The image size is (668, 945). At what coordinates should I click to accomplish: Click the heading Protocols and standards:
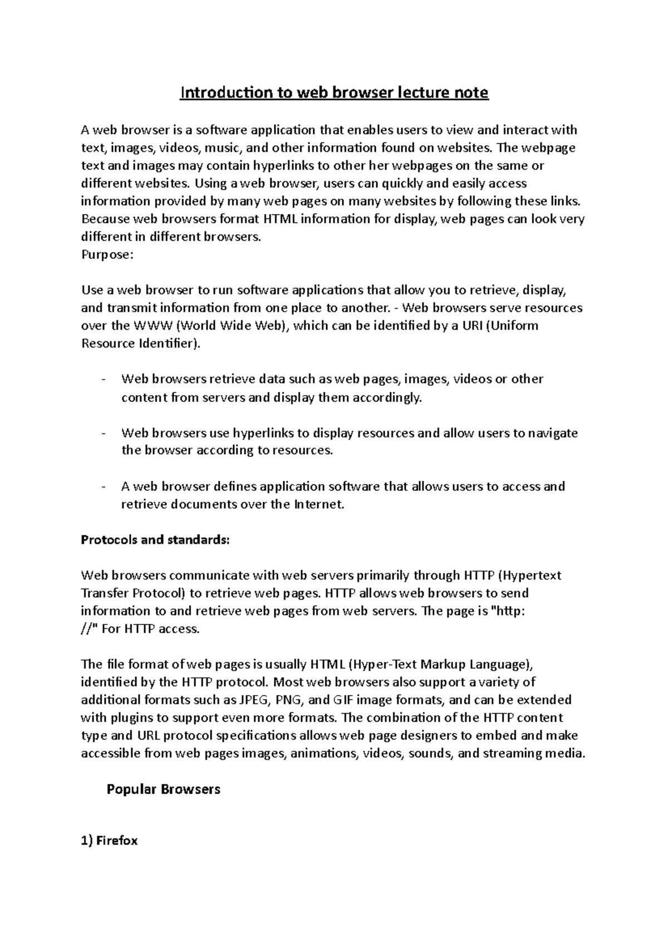[155, 540]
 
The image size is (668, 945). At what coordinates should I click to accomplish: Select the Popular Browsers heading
[163, 789]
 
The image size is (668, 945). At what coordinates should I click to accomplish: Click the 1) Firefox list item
[109, 840]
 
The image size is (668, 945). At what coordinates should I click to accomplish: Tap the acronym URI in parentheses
[471, 326]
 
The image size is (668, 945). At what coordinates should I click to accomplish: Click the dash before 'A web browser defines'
[104, 486]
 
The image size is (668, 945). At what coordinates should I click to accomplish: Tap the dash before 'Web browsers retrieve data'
[104, 379]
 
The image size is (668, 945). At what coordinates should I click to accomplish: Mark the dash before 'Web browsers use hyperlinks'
[104, 433]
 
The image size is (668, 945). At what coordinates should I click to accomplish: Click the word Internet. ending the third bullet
[319, 505]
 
